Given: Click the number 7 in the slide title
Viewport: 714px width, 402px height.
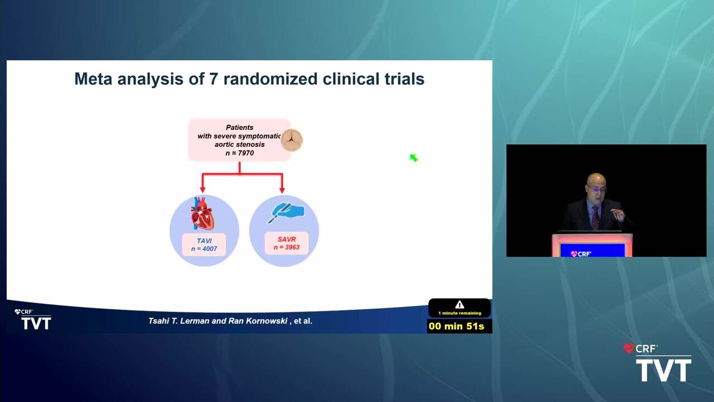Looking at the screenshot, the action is pyautogui.click(x=213, y=79).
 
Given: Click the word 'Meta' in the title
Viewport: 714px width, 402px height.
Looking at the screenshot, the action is pyautogui.click(x=93, y=79).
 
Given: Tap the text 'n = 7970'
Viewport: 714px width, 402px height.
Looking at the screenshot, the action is pyautogui.click(x=240, y=153).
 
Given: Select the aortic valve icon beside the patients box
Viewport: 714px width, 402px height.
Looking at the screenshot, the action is pyautogui.click(x=292, y=140).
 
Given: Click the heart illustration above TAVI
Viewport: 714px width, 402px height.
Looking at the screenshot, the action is pyautogui.click(x=202, y=213).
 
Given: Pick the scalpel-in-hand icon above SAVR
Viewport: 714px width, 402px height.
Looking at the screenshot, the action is pyautogui.click(x=286, y=212).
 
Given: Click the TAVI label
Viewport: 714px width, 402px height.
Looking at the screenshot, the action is pyautogui.click(x=204, y=241).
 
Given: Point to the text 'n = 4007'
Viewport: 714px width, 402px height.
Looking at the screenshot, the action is pyautogui.click(x=204, y=249).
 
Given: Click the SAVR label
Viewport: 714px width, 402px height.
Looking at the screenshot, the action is pyautogui.click(x=287, y=240).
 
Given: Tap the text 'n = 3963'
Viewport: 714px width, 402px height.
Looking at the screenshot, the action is pyautogui.click(x=287, y=247).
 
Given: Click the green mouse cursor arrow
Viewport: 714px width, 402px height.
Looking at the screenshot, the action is pyautogui.click(x=413, y=157).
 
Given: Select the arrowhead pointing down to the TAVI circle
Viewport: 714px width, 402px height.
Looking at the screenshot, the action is pyautogui.click(x=202, y=190).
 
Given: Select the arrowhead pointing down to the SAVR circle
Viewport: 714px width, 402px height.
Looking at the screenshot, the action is pyautogui.click(x=282, y=190).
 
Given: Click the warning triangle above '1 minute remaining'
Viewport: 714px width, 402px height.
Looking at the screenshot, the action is pyautogui.click(x=460, y=305).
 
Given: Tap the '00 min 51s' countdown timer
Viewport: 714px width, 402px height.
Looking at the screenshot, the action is pyautogui.click(x=456, y=326).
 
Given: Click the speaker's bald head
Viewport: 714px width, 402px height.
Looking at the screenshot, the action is pyautogui.click(x=595, y=180).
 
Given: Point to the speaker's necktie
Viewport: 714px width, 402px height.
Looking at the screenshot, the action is pyautogui.click(x=595, y=217).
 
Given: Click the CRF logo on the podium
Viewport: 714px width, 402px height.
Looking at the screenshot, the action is pyautogui.click(x=581, y=254).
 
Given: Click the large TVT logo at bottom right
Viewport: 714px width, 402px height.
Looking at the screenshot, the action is pyautogui.click(x=664, y=370).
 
